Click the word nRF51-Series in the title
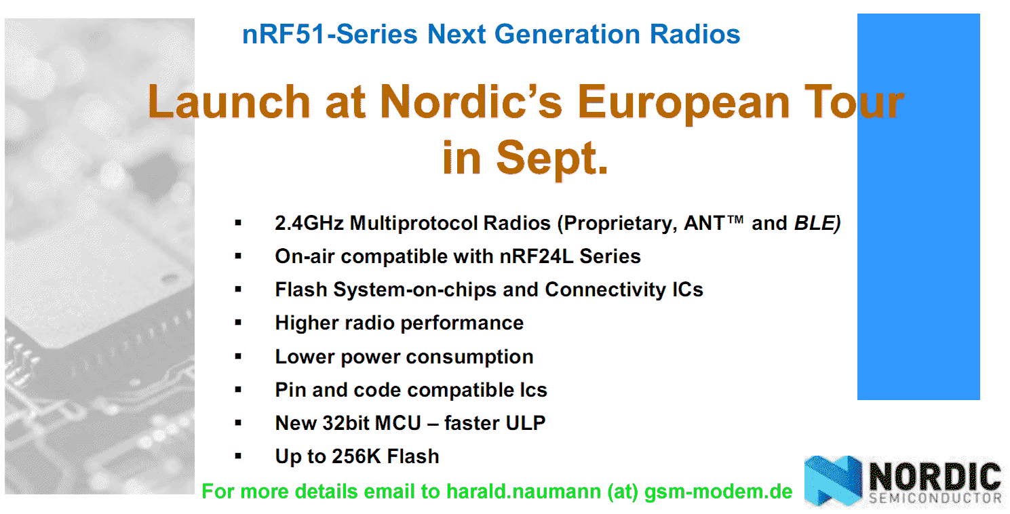(x=330, y=35)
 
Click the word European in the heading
(x=684, y=104)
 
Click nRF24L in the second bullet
(x=537, y=256)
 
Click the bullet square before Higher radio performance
(x=238, y=323)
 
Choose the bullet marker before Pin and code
(x=238, y=389)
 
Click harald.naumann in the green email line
(x=524, y=492)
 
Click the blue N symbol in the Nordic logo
(x=833, y=480)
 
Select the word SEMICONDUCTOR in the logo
(x=935, y=498)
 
